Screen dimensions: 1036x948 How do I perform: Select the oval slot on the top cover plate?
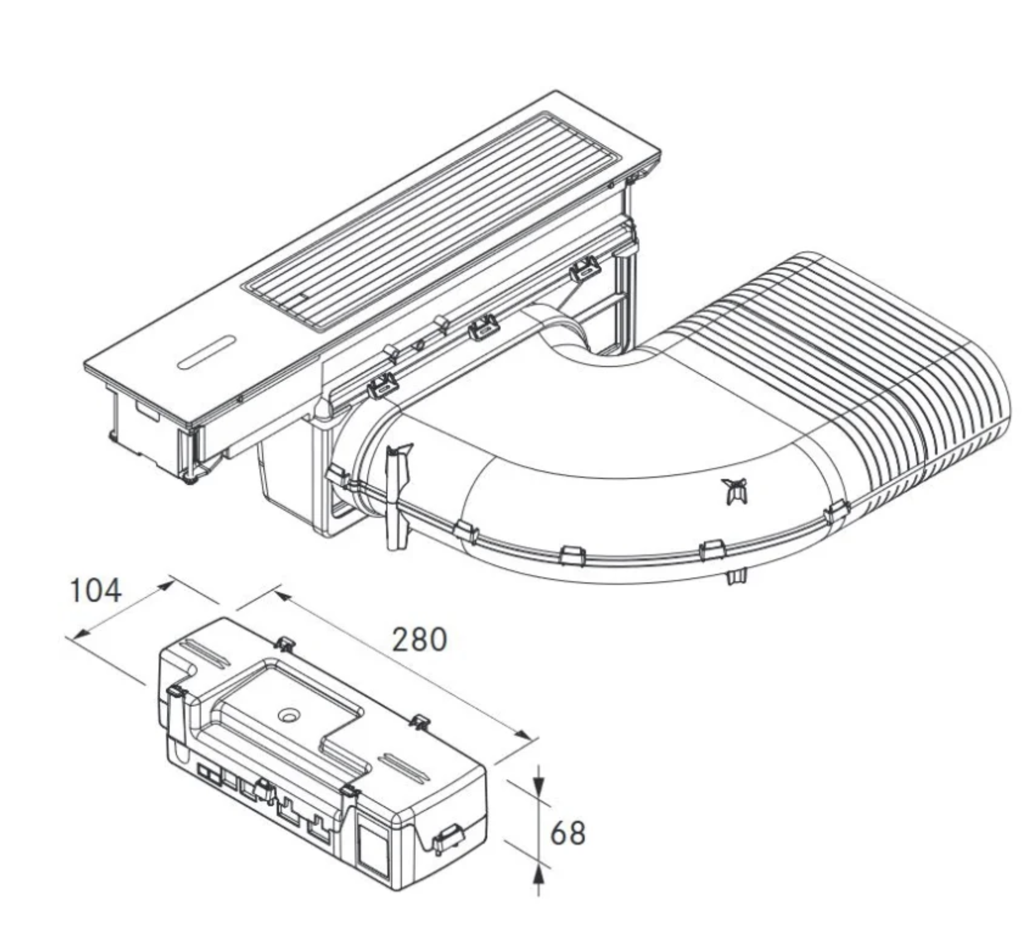tap(206, 352)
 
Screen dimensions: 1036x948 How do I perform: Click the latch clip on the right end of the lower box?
tap(447, 841)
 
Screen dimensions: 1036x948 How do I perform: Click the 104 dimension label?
tap(96, 591)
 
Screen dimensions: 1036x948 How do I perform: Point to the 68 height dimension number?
tap(568, 834)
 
